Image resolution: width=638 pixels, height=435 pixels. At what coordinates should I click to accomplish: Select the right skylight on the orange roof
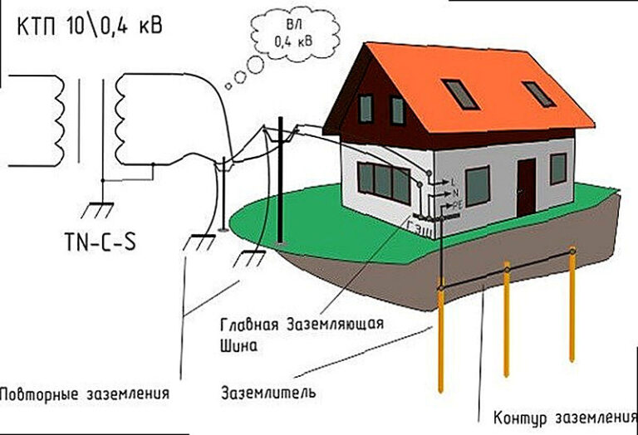[x=538, y=94]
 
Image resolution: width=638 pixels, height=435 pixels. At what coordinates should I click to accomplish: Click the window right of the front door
[x=557, y=169]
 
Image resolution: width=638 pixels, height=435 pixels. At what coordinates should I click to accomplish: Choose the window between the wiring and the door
[x=477, y=186]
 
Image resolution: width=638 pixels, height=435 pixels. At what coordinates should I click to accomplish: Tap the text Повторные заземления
[x=86, y=393]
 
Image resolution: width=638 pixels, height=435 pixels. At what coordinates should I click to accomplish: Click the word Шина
[x=239, y=343]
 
